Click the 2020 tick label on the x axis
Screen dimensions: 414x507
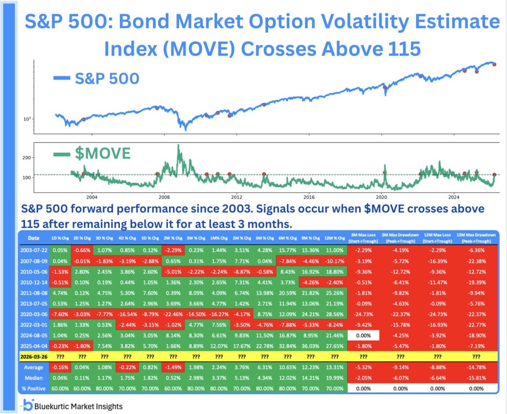[381, 197]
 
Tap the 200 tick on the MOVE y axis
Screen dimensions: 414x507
[27, 158]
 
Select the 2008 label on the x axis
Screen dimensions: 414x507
[164, 197]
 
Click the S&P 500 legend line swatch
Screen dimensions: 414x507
[62, 78]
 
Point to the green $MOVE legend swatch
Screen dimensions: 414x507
[62, 154]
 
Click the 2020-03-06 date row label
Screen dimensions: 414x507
[34, 314]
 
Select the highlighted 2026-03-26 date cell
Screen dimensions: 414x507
[34, 357]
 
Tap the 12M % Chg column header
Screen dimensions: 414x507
[334, 238]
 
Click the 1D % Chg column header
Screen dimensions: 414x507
[60, 238]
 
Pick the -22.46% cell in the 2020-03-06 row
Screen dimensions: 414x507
[173, 314]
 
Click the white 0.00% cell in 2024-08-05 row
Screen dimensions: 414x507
[363, 336]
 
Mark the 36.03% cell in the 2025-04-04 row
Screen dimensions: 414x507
[311, 346]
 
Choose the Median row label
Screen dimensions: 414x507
[34, 378]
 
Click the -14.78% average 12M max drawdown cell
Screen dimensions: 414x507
[476, 367]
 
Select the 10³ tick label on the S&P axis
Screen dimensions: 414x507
[27, 119]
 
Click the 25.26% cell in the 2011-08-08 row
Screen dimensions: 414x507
[334, 293]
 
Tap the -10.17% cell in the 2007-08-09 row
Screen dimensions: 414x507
[334, 261]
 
